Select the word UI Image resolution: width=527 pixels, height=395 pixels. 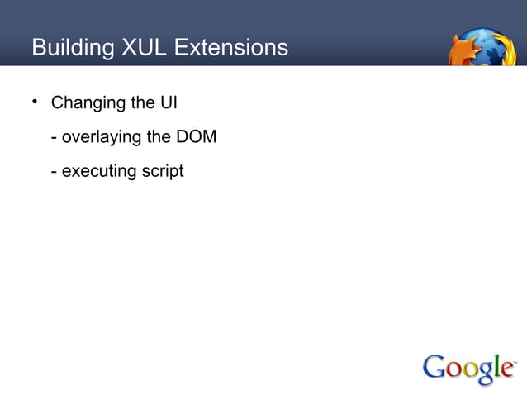pyautogui.click(x=168, y=104)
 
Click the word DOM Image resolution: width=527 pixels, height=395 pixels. pyautogui.click(x=196, y=137)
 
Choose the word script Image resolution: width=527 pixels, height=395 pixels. pyautogui.click(x=160, y=172)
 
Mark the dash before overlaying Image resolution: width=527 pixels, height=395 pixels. pyautogui.click(x=54, y=138)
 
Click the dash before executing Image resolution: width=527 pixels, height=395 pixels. pyautogui.click(x=54, y=172)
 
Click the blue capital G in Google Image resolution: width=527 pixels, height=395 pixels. pyautogui.click(x=436, y=366)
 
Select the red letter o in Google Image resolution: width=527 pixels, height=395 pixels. pyautogui.click(x=457, y=369)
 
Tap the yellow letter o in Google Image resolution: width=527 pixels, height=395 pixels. pyautogui.click(x=474, y=369)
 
